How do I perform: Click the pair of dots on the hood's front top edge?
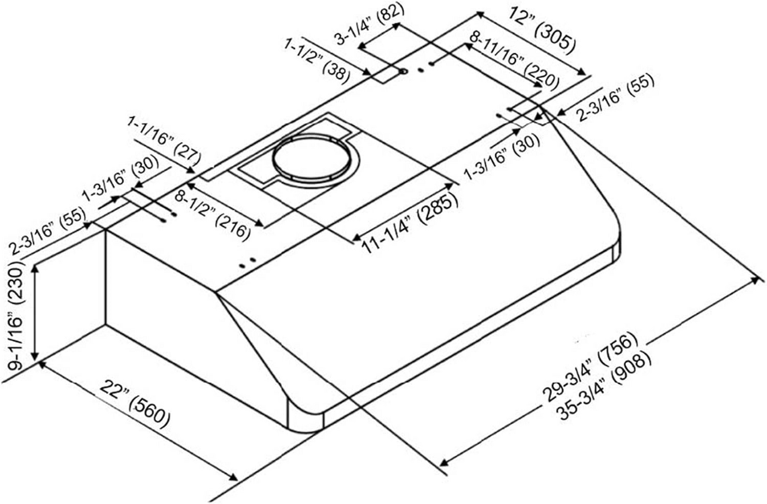pyautogui.click(x=246, y=261)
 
